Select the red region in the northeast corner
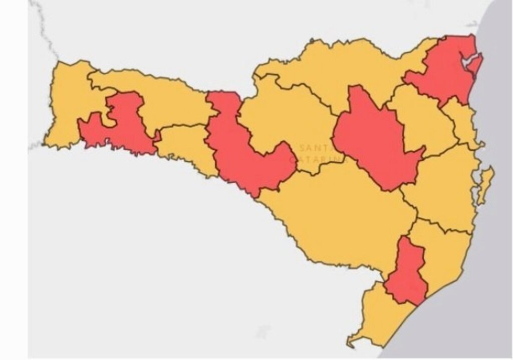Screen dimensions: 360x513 coord(441,75)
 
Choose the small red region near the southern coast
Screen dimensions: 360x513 coord(407,273)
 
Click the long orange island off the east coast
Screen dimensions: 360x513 coord(485,183)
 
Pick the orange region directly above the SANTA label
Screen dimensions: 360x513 coord(291,115)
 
